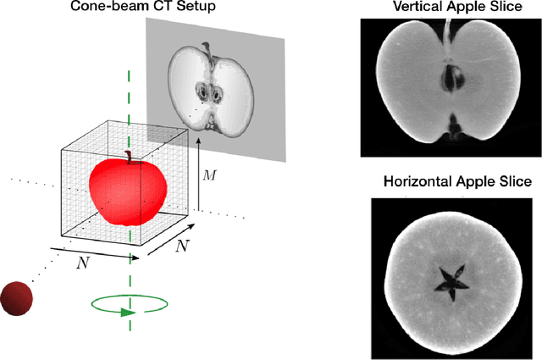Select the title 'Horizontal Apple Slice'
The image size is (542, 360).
click(x=456, y=181)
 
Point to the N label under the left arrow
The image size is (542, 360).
click(x=82, y=263)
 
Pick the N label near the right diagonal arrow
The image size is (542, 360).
click(x=181, y=246)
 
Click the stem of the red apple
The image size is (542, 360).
click(x=130, y=156)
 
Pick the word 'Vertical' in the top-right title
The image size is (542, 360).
click(x=412, y=8)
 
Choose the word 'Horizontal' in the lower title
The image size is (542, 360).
click(x=418, y=181)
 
